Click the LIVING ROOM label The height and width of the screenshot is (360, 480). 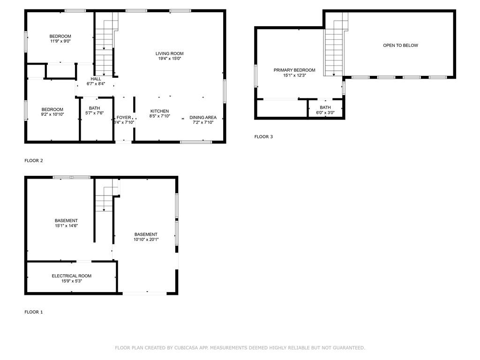[x=169, y=53]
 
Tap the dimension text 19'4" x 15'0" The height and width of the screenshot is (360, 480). [x=169, y=59]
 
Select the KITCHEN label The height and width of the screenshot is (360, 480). [x=159, y=111]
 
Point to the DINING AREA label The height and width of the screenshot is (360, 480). [x=203, y=117]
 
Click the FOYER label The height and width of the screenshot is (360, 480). [x=124, y=117]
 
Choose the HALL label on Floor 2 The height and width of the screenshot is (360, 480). [x=96, y=79]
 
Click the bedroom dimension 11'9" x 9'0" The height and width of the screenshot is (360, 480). [x=60, y=41]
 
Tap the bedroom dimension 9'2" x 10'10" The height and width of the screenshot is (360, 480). [x=52, y=114]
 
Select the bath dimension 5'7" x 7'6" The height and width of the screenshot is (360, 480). [x=94, y=113]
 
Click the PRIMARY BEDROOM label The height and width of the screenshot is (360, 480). [x=294, y=70]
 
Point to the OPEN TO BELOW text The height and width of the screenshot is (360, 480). [x=400, y=45]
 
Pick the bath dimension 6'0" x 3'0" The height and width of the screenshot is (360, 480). [x=325, y=113]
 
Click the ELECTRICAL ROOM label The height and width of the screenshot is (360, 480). [x=71, y=276]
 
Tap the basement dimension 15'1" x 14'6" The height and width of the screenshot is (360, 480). [x=66, y=225]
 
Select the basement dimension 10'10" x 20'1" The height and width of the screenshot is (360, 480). [x=146, y=240]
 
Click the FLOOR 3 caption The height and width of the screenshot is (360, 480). [x=263, y=137]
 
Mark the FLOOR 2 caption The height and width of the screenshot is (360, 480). [x=34, y=161]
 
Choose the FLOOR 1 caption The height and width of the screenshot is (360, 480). [x=34, y=312]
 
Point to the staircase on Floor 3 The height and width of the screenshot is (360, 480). [x=334, y=47]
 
